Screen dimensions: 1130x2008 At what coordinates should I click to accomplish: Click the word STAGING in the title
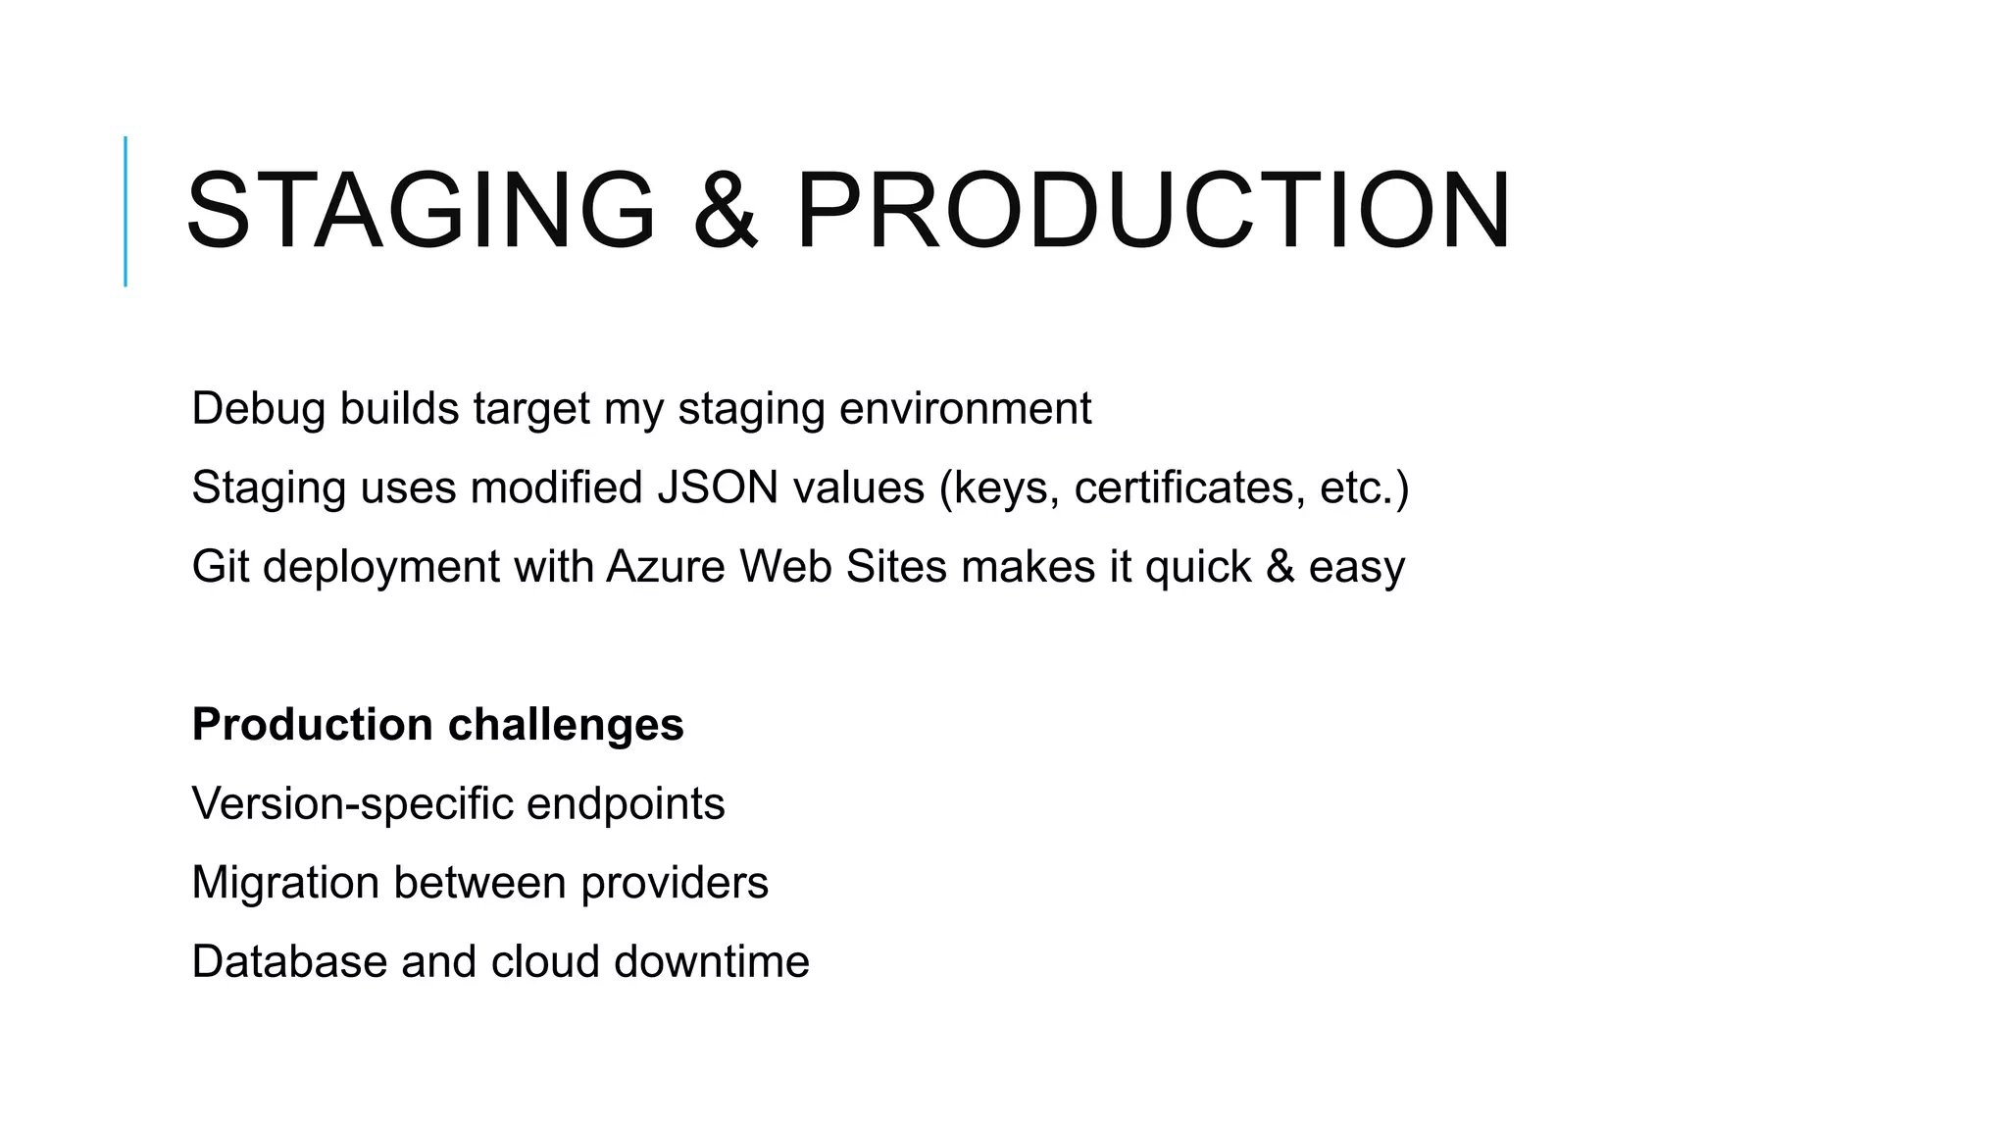420,211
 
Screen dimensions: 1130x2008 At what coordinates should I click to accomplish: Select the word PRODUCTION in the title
1153,211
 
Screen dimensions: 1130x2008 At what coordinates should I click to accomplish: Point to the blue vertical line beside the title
125,211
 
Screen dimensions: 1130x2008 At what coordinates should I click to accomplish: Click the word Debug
258,408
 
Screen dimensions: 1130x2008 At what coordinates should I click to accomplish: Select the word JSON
717,488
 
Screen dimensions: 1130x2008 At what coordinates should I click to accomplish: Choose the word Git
221,567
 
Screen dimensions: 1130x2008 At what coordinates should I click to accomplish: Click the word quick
1198,567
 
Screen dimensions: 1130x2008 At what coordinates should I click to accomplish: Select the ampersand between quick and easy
1280,567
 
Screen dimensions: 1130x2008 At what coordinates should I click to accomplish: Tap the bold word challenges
566,725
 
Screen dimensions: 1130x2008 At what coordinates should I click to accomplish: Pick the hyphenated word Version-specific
353,804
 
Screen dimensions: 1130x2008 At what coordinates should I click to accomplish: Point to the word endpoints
626,804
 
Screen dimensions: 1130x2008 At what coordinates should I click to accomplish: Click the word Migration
285,883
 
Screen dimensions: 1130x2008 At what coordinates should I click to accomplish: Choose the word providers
675,883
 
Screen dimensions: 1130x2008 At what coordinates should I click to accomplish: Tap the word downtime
712,962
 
